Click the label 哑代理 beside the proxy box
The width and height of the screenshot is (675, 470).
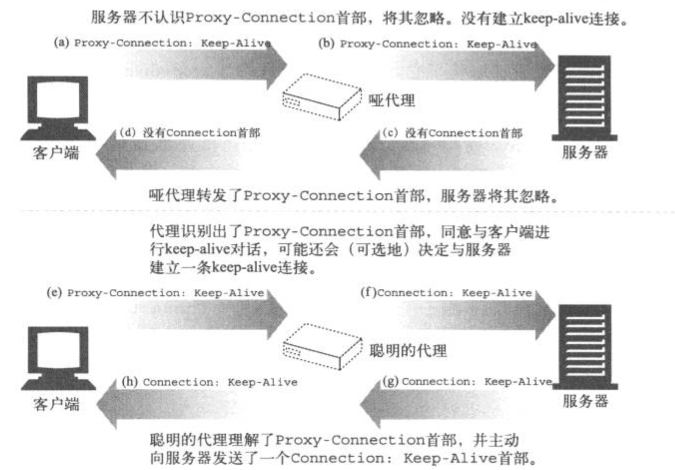[392, 100]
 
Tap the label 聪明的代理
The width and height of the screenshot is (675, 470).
[408, 351]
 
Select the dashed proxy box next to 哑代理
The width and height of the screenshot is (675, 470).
[322, 97]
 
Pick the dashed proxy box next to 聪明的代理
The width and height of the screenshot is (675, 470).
[322, 346]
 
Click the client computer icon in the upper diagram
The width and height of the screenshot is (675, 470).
[58, 108]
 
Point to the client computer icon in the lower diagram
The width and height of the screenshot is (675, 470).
[58, 358]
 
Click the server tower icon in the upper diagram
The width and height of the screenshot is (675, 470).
[585, 98]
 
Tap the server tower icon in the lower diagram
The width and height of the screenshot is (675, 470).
[585, 347]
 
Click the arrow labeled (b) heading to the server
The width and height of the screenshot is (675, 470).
[473, 66]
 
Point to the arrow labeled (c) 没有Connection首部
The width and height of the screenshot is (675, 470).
[437, 155]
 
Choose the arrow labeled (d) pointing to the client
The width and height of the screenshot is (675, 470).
[169, 155]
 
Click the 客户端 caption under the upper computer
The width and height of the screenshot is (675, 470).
[56, 153]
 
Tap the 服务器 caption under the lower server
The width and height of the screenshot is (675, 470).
[585, 401]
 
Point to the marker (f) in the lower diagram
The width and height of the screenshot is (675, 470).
[368, 292]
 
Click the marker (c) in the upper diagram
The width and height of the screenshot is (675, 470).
[390, 133]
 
